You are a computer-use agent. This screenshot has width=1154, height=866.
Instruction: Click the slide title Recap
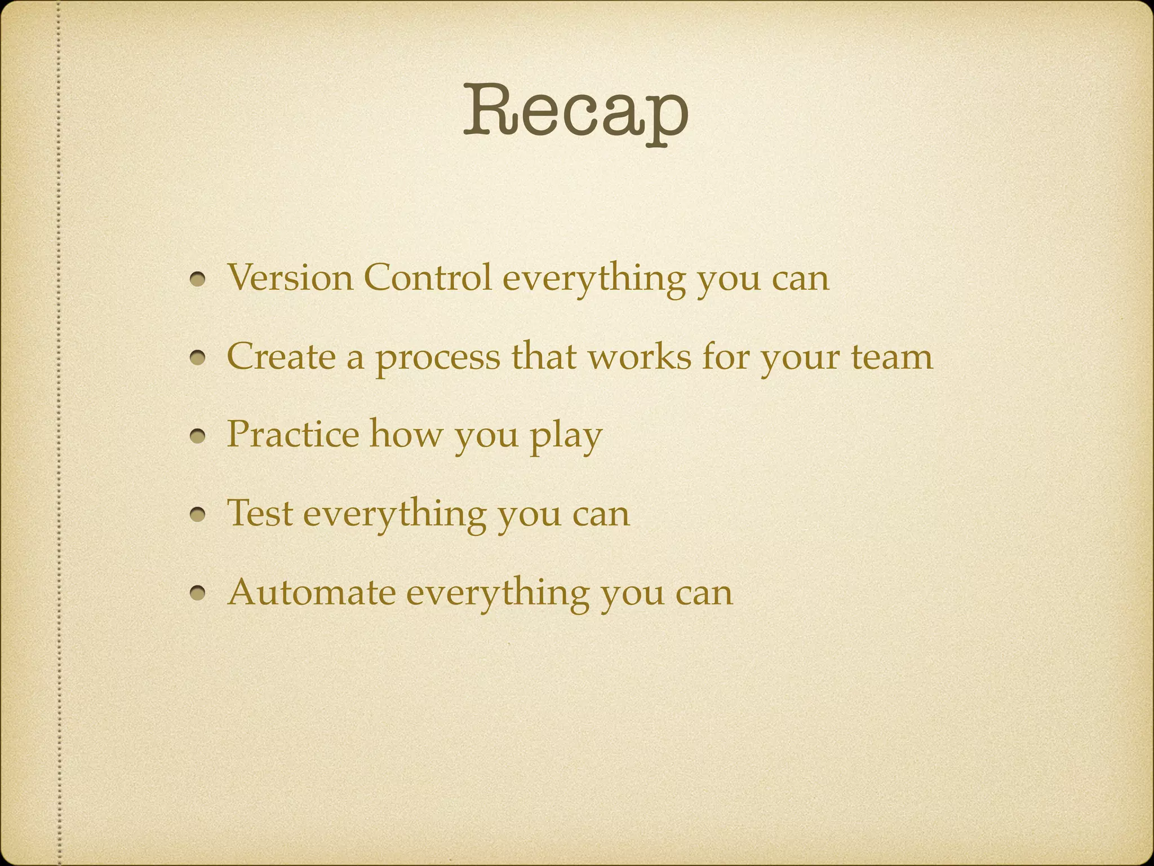575,112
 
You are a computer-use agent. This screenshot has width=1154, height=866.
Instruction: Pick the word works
640,356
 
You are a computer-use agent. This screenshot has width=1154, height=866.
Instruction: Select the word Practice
292,434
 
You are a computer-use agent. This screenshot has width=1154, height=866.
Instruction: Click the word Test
260,513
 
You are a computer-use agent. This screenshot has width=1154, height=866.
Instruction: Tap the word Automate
311,592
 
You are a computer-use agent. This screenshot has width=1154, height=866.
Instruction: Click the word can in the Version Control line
800,279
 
